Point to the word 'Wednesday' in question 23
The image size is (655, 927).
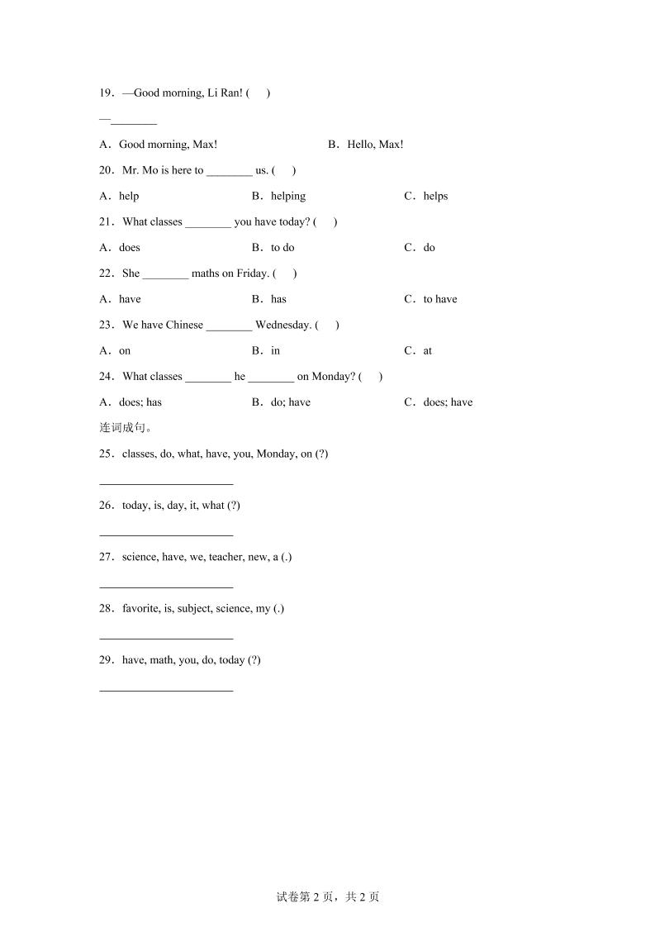click(282, 326)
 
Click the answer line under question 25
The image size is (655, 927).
click(166, 484)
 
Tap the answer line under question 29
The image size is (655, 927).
click(166, 690)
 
